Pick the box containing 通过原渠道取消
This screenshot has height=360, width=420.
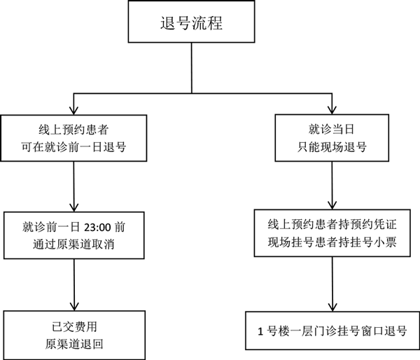pyautogui.click(x=73, y=235)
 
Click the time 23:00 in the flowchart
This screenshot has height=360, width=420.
pyautogui.click(x=97, y=228)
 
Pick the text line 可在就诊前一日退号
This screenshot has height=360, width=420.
pyautogui.click(x=73, y=148)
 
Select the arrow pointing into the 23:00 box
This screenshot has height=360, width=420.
pyautogui.click(x=73, y=206)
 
